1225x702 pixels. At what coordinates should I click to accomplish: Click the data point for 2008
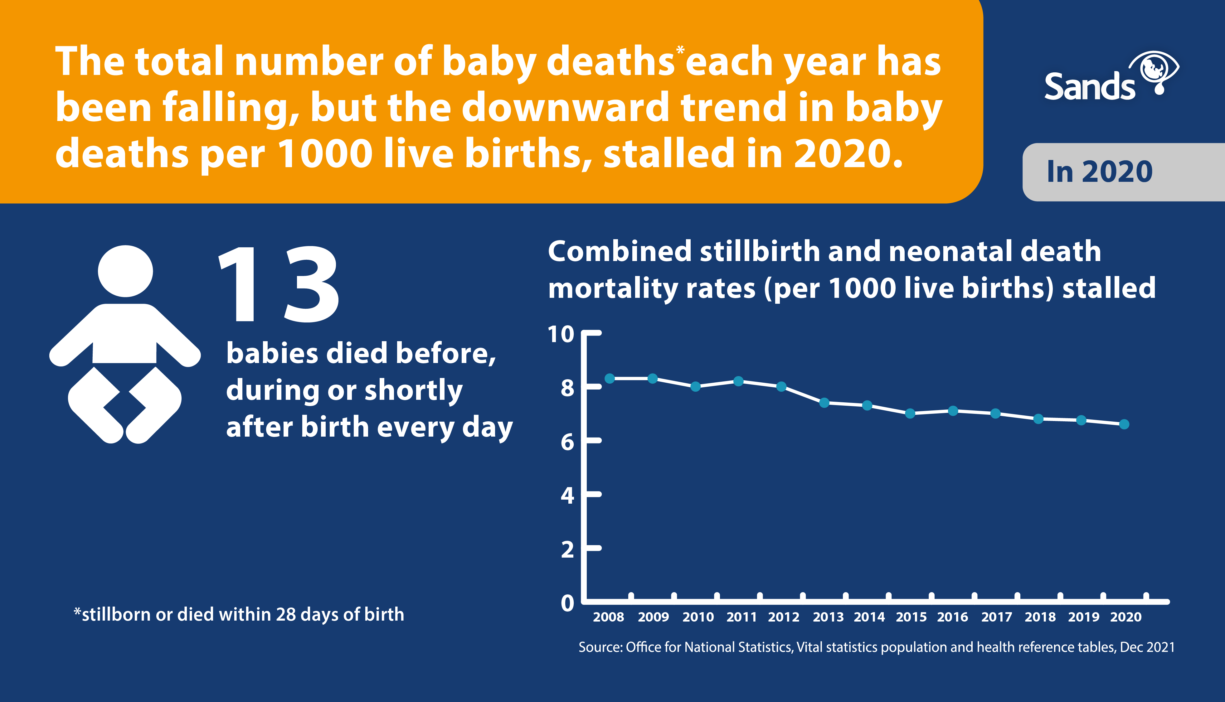point(610,379)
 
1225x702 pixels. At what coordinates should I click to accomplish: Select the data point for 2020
point(1124,424)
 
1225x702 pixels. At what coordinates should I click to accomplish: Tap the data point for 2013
point(824,403)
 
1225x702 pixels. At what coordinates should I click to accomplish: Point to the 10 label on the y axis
point(561,334)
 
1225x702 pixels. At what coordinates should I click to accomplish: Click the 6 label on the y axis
point(567,442)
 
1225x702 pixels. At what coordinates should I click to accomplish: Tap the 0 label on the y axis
point(567,603)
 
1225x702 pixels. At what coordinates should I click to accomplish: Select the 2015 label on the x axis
point(911,617)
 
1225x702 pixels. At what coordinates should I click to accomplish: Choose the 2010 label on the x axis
point(698,617)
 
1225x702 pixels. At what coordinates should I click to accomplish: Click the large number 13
point(279,284)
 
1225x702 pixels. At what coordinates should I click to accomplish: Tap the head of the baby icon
point(125,271)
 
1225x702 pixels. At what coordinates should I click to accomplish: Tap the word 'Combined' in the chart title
point(620,252)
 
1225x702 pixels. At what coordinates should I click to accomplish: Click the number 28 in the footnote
point(285,615)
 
